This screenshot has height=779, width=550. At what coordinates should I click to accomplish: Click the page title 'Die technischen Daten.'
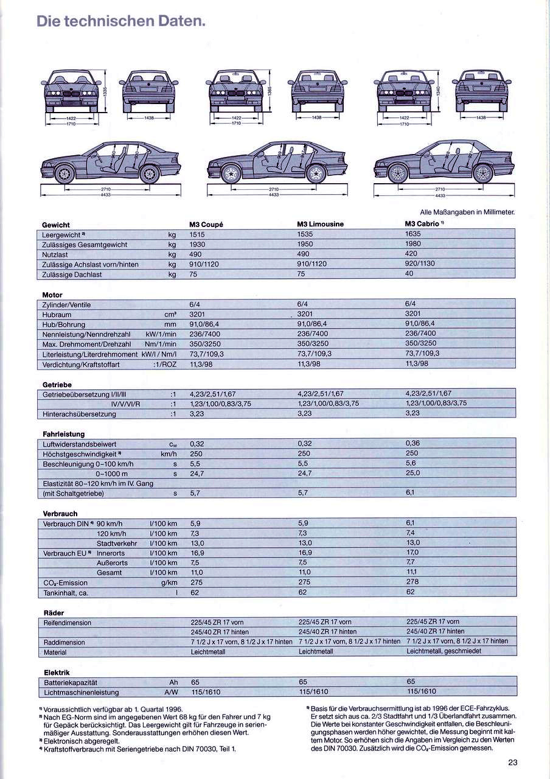(x=121, y=21)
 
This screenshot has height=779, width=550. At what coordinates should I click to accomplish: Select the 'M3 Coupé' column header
(x=206, y=224)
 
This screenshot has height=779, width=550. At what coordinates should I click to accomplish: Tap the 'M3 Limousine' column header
(x=320, y=224)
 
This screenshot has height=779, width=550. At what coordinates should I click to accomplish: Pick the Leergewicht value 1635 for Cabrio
(x=413, y=233)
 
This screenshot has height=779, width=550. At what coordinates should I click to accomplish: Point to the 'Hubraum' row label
(x=57, y=315)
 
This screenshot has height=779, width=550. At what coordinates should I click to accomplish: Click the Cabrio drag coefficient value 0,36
(x=412, y=443)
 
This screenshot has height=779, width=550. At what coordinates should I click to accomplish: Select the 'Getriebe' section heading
(x=57, y=385)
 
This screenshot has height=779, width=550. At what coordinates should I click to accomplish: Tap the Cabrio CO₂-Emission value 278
(x=412, y=582)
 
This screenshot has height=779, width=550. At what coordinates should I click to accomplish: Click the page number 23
(x=512, y=761)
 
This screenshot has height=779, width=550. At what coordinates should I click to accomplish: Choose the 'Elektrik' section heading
(x=57, y=672)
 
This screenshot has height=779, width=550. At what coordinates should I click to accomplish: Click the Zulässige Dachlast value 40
(x=409, y=273)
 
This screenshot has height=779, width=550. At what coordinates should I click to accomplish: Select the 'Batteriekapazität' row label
(x=70, y=683)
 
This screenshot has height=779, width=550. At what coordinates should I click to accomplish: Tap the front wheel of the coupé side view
(x=64, y=173)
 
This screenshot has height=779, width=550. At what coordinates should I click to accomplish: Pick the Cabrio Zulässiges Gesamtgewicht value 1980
(x=413, y=243)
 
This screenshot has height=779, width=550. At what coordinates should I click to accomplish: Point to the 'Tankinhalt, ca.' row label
(x=66, y=593)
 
